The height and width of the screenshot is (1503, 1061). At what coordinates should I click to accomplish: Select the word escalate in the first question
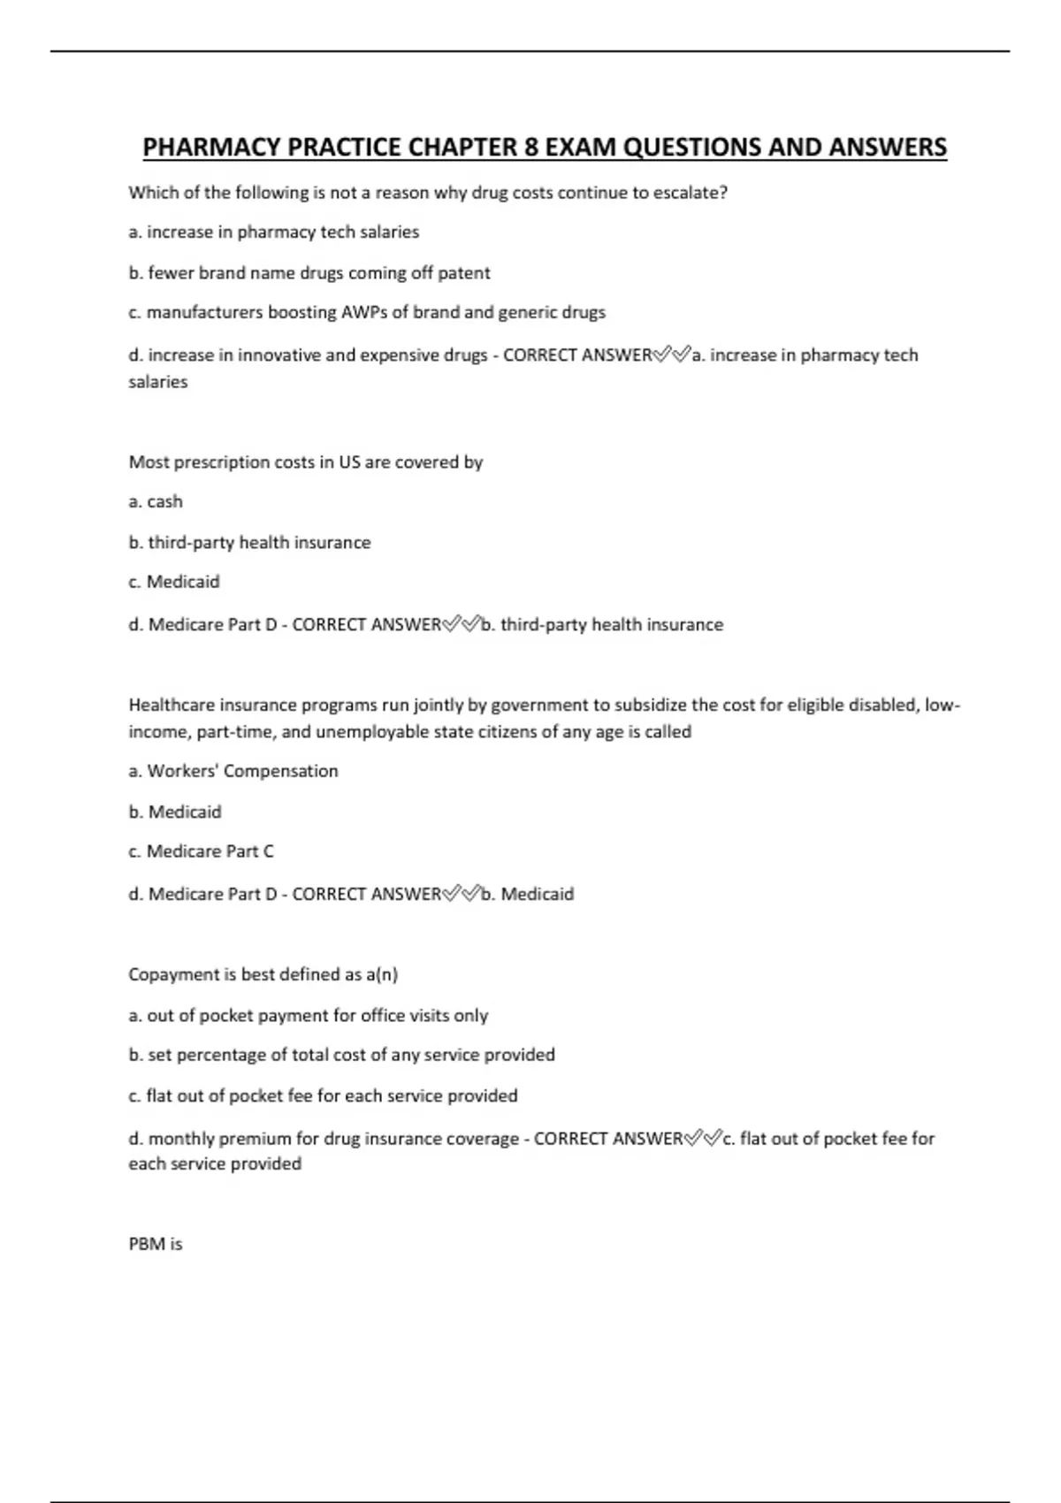click(690, 193)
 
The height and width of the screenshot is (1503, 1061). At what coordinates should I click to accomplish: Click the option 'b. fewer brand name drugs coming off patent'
click(309, 273)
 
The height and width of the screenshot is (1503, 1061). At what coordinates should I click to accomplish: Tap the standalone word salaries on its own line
click(158, 382)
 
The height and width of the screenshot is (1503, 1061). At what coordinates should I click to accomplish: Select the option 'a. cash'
click(156, 501)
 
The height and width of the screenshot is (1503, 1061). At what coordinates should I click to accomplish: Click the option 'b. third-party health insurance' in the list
click(249, 543)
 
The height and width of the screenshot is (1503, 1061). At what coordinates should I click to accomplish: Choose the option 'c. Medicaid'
click(174, 582)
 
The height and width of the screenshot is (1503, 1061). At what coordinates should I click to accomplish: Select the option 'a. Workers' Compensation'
click(233, 771)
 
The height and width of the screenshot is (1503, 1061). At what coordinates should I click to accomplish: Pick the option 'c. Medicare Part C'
click(201, 851)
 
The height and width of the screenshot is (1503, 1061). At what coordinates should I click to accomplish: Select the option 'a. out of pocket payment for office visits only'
click(308, 1016)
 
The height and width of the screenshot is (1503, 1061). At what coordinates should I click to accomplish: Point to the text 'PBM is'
click(156, 1244)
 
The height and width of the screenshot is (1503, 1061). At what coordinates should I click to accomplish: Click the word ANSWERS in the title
click(887, 148)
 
